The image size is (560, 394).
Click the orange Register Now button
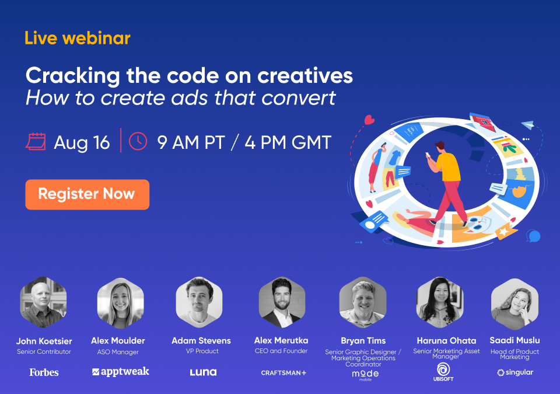[87, 194]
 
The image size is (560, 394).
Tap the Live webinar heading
[78, 39]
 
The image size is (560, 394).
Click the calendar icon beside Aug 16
[36, 142]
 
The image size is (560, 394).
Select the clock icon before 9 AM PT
[138, 141]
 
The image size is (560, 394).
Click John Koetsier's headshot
[44, 302]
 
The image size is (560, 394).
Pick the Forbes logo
[44, 372]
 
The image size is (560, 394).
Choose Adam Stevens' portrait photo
[199, 302]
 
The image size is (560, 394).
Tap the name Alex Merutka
[281, 340]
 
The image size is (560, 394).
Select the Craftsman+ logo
[283, 372]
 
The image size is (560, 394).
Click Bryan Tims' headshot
[363, 302]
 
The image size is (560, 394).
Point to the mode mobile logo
[365, 374]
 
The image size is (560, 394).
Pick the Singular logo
[515, 372]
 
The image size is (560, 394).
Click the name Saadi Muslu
[514, 340]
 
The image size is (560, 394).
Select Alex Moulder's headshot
[120, 302]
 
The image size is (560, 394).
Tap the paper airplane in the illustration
[528, 124]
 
